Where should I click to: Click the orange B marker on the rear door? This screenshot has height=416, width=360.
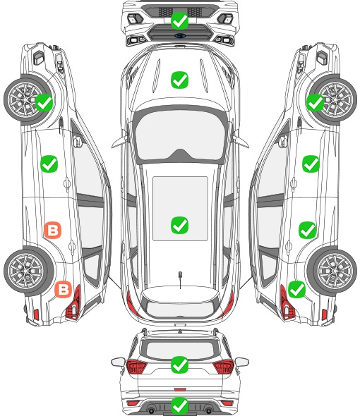[x=53, y=230]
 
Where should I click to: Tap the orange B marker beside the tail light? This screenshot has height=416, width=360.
[x=64, y=289]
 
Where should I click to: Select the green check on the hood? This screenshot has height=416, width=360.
[x=179, y=80]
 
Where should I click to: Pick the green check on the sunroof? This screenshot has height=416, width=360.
[x=179, y=225]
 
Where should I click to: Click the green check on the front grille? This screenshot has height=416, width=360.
[x=179, y=20]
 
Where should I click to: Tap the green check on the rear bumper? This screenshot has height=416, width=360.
[x=179, y=405]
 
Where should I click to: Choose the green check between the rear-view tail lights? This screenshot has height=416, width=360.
[x=179, y=365]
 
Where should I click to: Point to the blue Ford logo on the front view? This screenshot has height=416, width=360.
[x=180, y=35]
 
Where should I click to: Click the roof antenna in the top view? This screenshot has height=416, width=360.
[x=180, y=279]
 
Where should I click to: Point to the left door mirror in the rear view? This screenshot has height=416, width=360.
[x=119, y=362]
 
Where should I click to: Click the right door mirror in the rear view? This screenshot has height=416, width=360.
[x=242, y=362]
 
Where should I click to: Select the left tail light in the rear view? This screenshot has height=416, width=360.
[x=136, y=366]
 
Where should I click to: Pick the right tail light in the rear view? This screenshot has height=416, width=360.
[x=223, y=366]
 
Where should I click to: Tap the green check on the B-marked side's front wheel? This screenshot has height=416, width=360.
[x=44, y=103]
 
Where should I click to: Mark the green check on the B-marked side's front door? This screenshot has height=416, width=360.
[x=49, y=164]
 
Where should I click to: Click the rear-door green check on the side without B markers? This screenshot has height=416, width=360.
[x=307, y=230]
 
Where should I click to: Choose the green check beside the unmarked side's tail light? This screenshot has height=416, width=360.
[x=296, y=289]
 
